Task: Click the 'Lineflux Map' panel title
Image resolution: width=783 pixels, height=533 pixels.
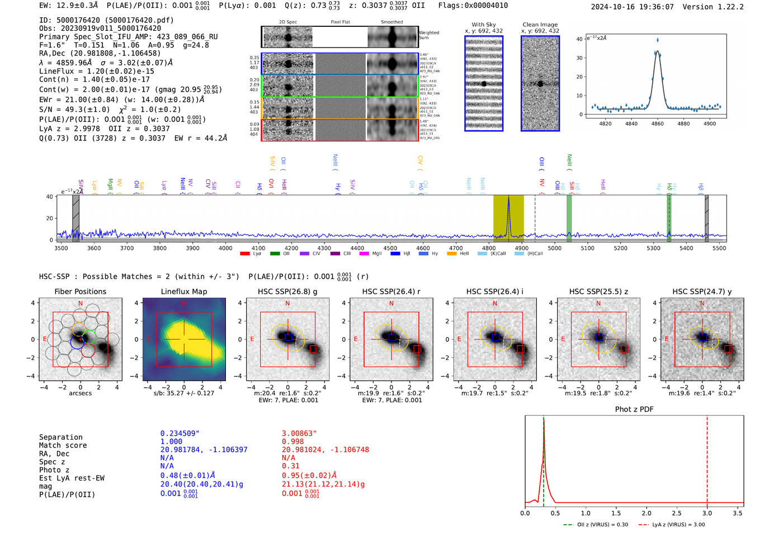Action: tap(183, 291)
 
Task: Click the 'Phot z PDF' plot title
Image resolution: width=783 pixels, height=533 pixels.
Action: tap(634, 409)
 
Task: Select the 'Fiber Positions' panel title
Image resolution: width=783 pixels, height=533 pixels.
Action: tap(80, 291)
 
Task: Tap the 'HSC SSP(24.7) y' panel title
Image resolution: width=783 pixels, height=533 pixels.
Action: tap(702, 291)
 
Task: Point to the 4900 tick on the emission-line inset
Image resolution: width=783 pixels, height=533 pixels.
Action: tap(709, 124)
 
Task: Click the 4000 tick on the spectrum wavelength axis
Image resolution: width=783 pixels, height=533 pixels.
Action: tap(225, 248)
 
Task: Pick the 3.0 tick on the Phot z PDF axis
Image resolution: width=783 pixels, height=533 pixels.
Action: tap(707, 513)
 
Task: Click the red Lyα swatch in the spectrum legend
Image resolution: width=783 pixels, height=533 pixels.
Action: tap(244, 254)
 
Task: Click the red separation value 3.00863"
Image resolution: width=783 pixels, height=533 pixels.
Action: tap(299, 433)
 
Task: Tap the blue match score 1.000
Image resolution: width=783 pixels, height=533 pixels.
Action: tap(171, 441)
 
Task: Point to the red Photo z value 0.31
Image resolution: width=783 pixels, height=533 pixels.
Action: tap(290, 466)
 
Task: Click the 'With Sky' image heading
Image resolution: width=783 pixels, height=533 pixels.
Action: tap(483, 25)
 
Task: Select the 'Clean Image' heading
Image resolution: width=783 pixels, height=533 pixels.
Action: tap(540, 25)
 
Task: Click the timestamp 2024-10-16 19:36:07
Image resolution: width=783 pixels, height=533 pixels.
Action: tap(632, 7)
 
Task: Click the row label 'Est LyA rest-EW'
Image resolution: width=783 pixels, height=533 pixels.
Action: tap(72, 478)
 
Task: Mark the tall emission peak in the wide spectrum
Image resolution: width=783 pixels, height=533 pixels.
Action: tap(508, 200)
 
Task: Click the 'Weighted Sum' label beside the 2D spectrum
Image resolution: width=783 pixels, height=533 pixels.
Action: tap(428, 35)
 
